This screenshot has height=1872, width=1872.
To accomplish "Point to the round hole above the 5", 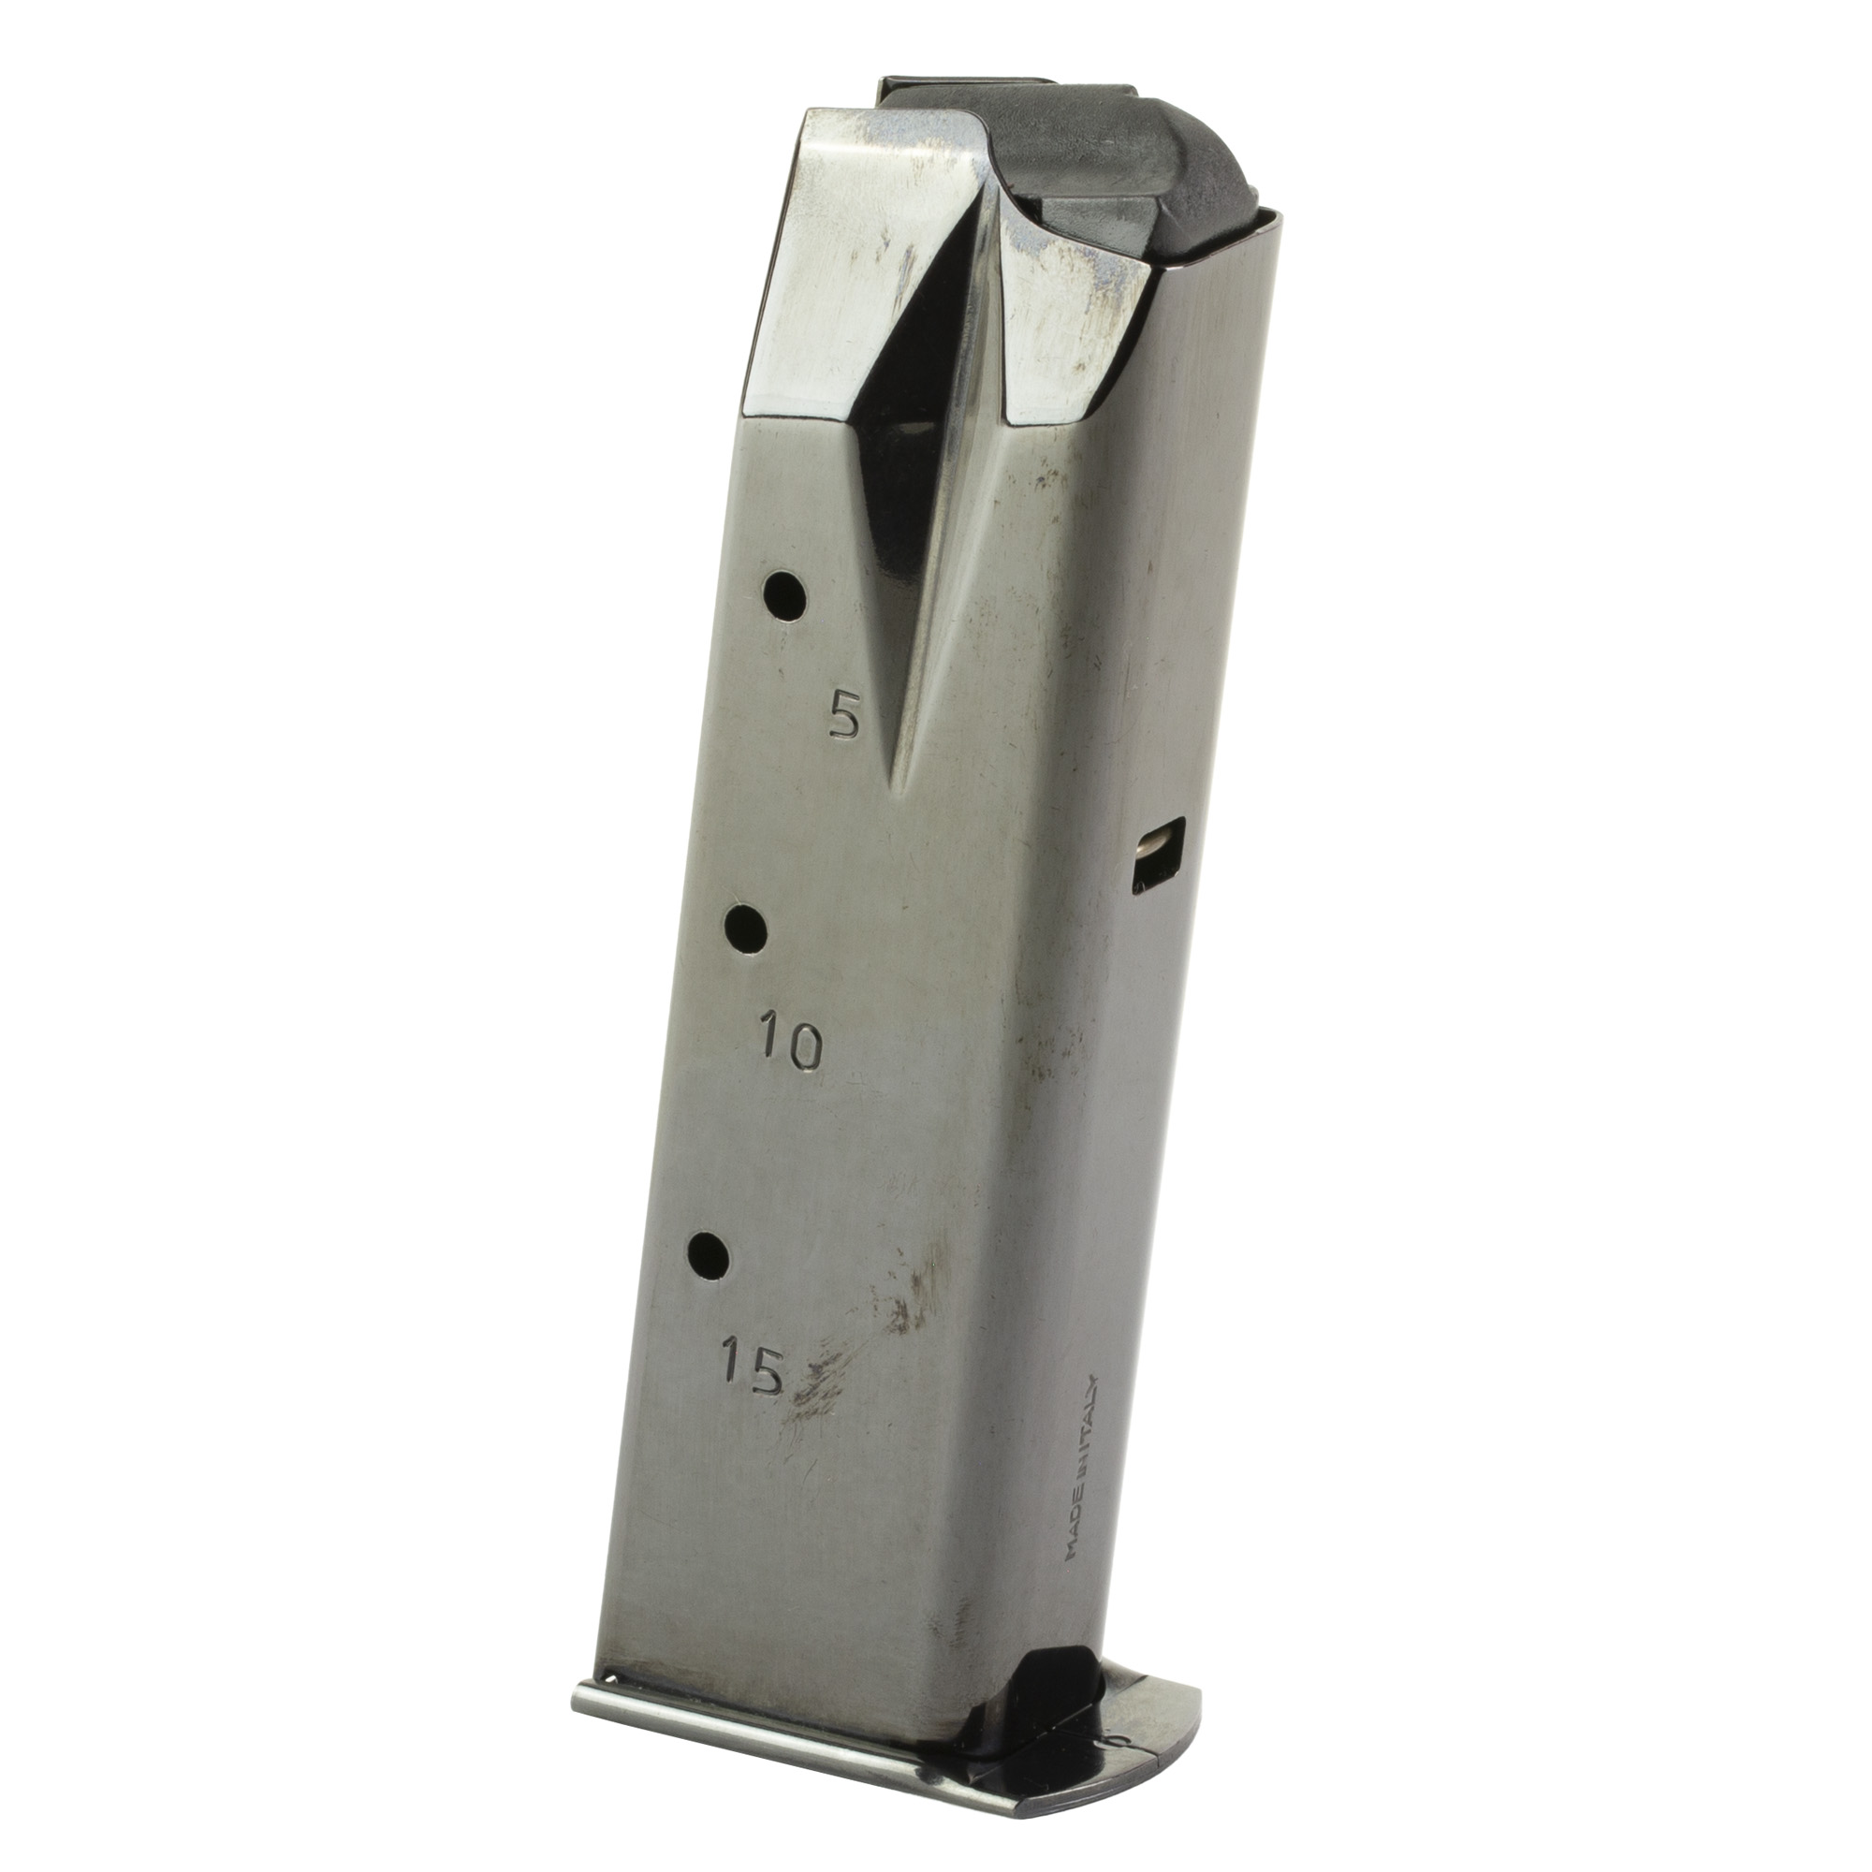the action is tap(786, 596).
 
